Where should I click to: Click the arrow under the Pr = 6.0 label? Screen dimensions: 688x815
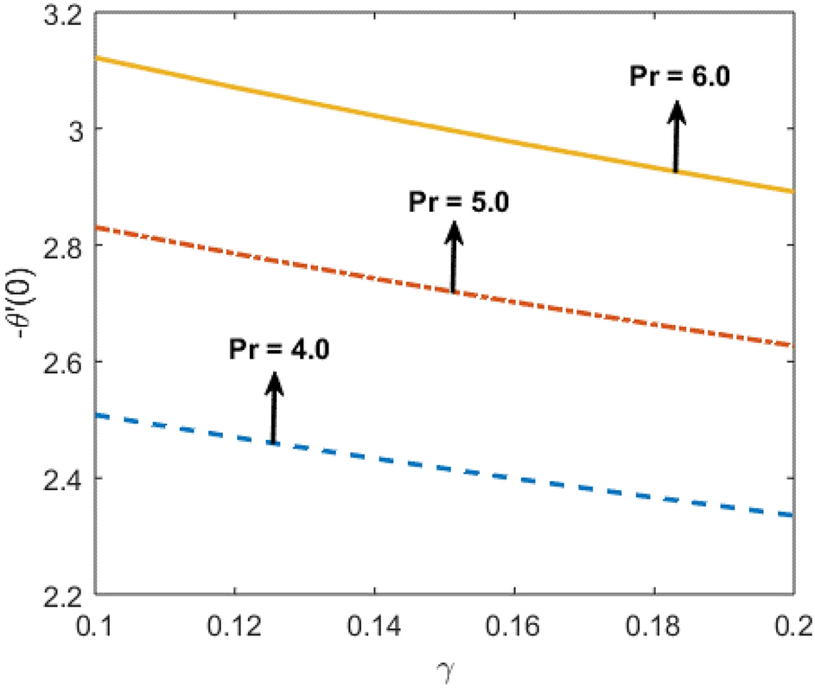(677, 137)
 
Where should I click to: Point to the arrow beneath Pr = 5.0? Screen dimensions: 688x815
(452, 256)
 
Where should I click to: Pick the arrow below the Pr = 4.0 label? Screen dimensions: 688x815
(273, 407)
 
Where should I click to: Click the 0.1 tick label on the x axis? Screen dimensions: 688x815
(95, 621)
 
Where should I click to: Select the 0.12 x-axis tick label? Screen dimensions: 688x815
(234, 621)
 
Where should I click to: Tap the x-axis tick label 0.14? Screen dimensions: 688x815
(374, 621)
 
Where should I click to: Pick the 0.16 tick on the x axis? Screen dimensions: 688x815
(514, 621)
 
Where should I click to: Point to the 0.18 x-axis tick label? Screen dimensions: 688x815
(654, 621)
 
